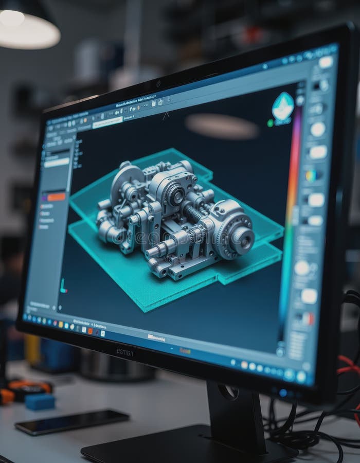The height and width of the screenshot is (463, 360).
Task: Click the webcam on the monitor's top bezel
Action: tap(158, 83)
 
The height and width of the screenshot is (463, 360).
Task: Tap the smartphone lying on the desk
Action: tap(71, 421)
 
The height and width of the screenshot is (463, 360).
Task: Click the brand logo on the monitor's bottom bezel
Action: tap(124, 352)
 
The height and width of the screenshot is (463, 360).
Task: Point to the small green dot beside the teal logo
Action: tap(271, 123)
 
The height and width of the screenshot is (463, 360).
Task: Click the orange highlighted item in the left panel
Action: tap(56, 197)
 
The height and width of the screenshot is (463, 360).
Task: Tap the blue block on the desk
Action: tap(40, 401)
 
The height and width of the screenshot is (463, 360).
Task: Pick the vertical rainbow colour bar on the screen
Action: tap(291, 216)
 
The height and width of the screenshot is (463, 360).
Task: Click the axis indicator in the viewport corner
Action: tap(63, 287)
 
